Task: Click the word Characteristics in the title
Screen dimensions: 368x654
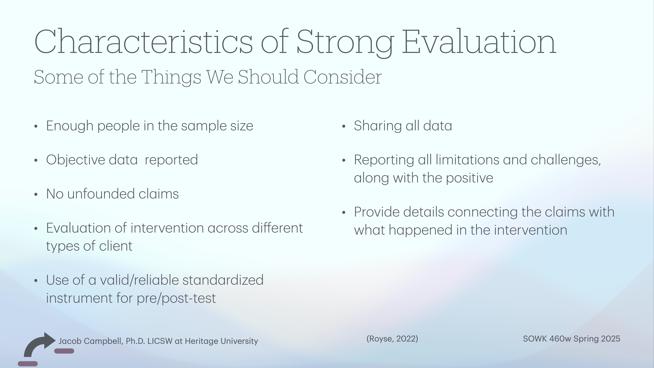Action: click(x=143, y=42)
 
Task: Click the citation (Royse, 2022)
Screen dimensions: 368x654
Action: click(x=392, y=339)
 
